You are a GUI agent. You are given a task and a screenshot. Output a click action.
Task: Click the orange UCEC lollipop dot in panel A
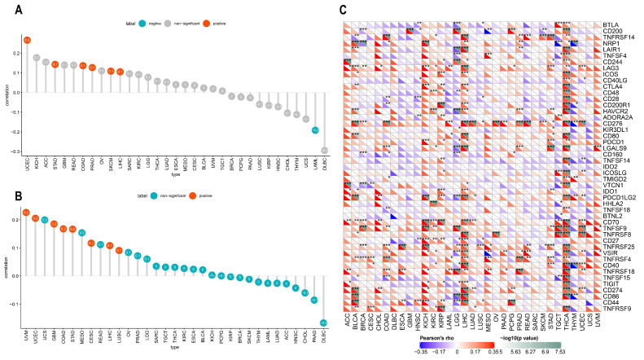[x=27, y=39]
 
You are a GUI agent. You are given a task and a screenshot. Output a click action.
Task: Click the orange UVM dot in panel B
[x=26, y=213]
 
